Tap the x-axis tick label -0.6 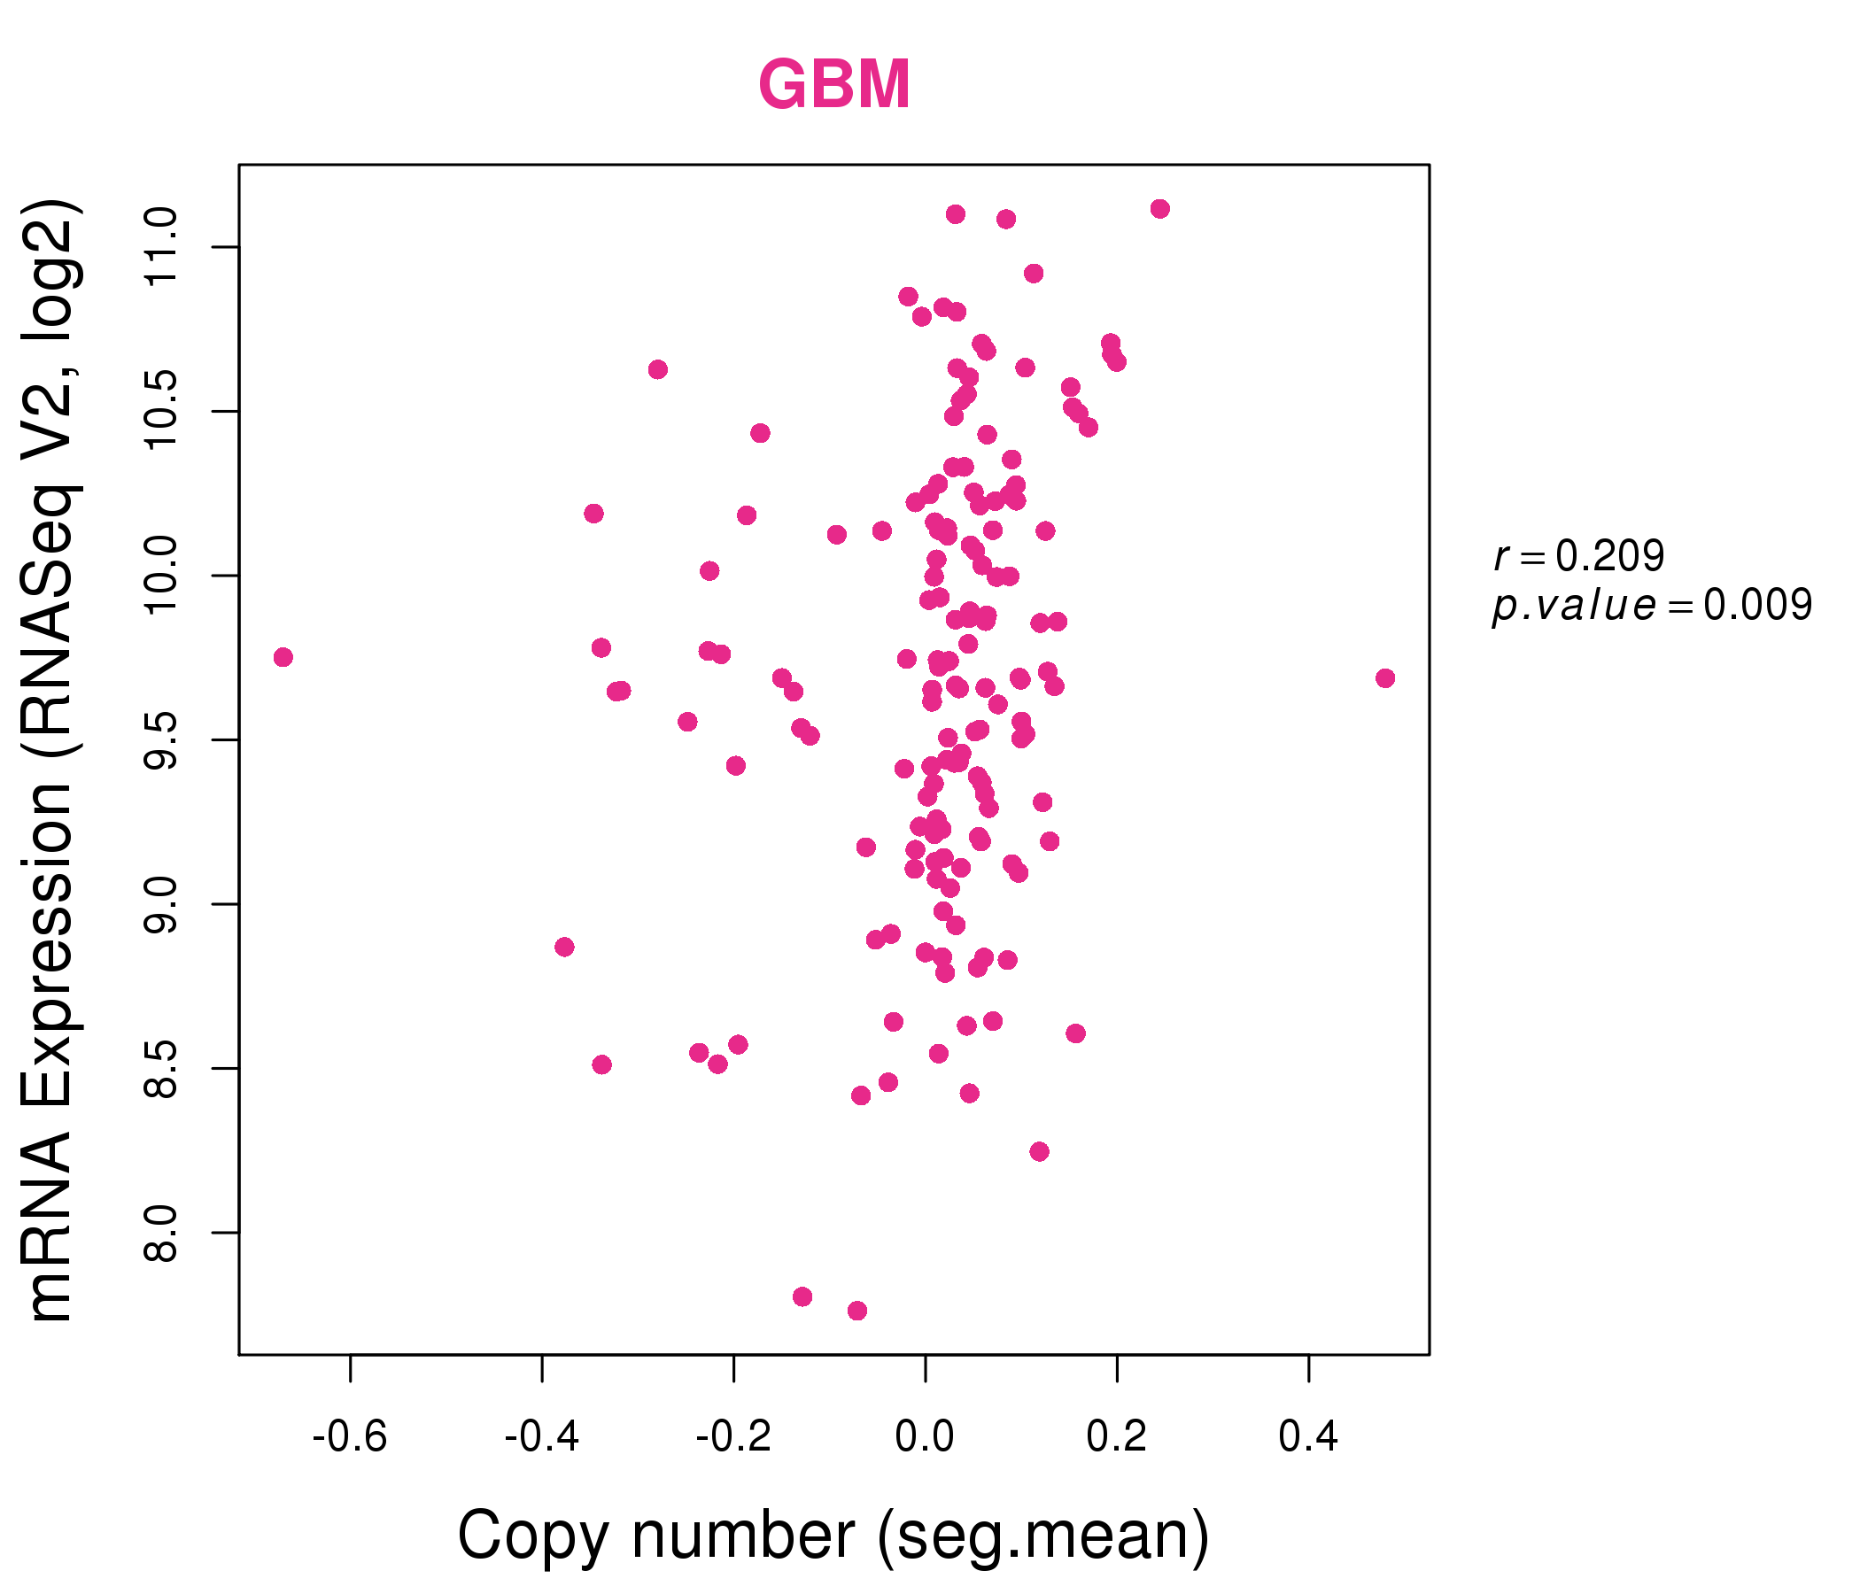[x=349, y=1437]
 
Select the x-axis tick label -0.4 [x=541, y=1437]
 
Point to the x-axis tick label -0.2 [x=733, y=1437]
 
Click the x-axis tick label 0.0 [x=925, y=1437]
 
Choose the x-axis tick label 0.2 [x=1117, y=1437]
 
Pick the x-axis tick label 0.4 [x=1308, y=1437]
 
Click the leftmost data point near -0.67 [x=283, y=657]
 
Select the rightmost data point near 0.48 [x=1385, y=677]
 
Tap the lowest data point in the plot [x=857, y=1311]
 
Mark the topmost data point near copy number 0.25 [x=1159, y=209]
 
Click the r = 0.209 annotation [x=1578, y=556]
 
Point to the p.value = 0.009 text [x=1652, y=606]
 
